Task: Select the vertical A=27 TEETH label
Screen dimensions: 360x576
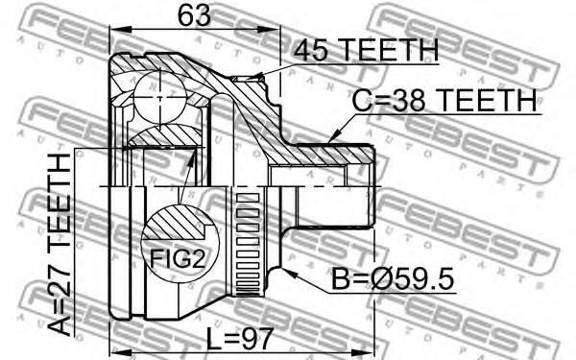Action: coord(60,244)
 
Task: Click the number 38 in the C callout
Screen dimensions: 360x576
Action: coord(406,99)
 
